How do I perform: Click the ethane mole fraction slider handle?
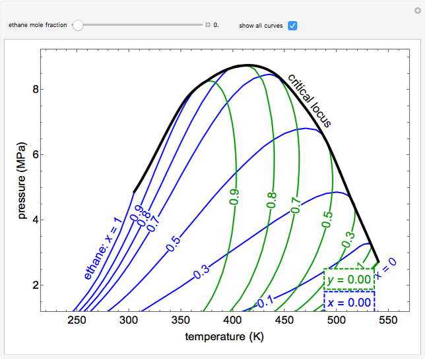click(78, 26)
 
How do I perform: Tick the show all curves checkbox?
click(292, 26)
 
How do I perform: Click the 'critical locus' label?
click(309, 100)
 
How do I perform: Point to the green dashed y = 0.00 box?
click(349, 279)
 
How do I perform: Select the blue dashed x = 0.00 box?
click(349, 302)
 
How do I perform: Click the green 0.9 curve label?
click(234, 196)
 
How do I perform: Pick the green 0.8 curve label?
click(271, 201)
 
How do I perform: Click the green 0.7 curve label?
click(295, 206)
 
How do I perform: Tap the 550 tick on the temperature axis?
click(389, 321)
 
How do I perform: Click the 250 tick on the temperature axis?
click(77, 321)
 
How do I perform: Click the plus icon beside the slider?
click(207, 26)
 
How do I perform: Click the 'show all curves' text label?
click(261, 26)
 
